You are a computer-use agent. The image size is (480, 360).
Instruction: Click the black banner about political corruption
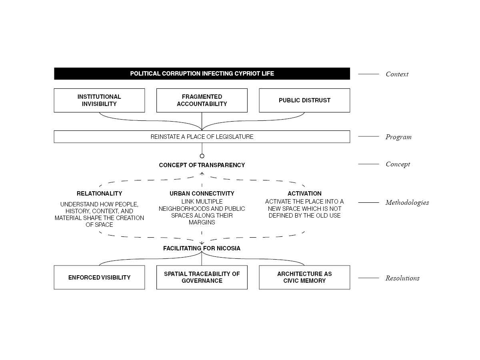(202, 74)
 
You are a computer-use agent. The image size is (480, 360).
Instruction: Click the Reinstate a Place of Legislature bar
(202, 137)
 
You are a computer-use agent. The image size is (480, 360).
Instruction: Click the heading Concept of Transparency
(202, 165)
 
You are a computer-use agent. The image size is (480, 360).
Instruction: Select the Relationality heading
(99, 194)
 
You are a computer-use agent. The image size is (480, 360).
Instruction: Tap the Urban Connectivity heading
(202, 194)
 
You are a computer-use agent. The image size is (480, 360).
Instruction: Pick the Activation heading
(304, 194)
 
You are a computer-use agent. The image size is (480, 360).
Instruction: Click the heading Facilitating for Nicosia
(202, 248)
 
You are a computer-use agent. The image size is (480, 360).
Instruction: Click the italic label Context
(397, 74)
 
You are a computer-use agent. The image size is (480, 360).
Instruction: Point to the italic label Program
(398, 137)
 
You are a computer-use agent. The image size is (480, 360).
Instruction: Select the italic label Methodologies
(407, 203)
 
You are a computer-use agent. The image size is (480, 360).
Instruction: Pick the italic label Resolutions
(402, 278)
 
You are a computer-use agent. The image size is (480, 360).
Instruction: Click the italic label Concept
(398, 164)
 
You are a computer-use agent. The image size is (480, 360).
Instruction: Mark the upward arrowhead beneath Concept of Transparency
(202, 174)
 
